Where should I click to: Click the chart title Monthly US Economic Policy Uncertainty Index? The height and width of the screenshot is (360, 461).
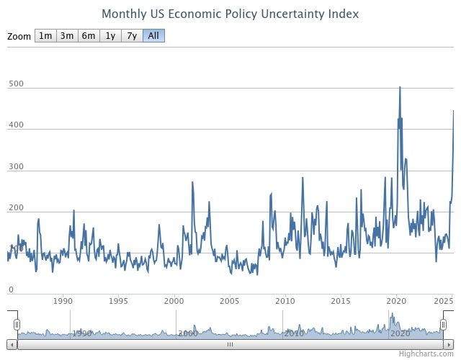pyautogui.click(x=230, y=14)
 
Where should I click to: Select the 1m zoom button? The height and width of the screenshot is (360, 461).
pyautogui.click(x=45, y=36)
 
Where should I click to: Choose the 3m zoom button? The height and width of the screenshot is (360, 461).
pyautogui.click(x=67, y=36)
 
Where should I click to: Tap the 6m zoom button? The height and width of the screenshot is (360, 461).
pyautogui.click(x=89, y=36)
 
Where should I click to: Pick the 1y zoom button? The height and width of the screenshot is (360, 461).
pyautogui.click(x=110, y=36)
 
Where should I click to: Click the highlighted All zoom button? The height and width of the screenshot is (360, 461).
pyautogui.click(x=153, y=36)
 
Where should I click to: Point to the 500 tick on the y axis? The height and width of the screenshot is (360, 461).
pyautogui.click(x=16, y=84)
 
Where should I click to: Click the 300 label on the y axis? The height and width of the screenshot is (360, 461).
pyautogui.click(x=16, y=166)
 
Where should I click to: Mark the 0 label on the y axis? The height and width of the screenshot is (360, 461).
pyautogui.click(x=11, y=289)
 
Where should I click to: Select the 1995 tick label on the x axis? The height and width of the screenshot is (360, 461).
pyautogui.click(x=119, y=301)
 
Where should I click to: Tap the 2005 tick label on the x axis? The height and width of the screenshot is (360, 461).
pyautogui.click(x=230, y=301)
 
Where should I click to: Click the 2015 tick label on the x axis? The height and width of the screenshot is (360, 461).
pyautogui.click(x=341, y=301)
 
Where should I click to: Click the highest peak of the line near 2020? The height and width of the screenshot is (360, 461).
pyautogui.click(x=400, y=88)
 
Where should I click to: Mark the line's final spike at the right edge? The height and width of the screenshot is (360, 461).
pyautogui.click(x=453, y=111)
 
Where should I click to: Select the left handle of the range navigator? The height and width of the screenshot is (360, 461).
pyautogui.click(x=17, y=325)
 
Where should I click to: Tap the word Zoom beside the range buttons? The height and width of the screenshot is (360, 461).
pyautogui.click(x=19, y=36)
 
